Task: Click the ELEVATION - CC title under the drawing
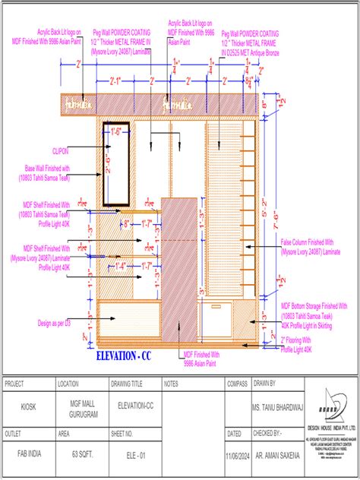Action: click(125, 355)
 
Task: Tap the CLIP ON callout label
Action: click(62, 151)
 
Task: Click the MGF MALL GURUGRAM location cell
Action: click(80, 408)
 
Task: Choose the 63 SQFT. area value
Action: click(80, 453)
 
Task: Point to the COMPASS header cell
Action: click(238, 385)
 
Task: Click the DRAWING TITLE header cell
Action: click(131, 385)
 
